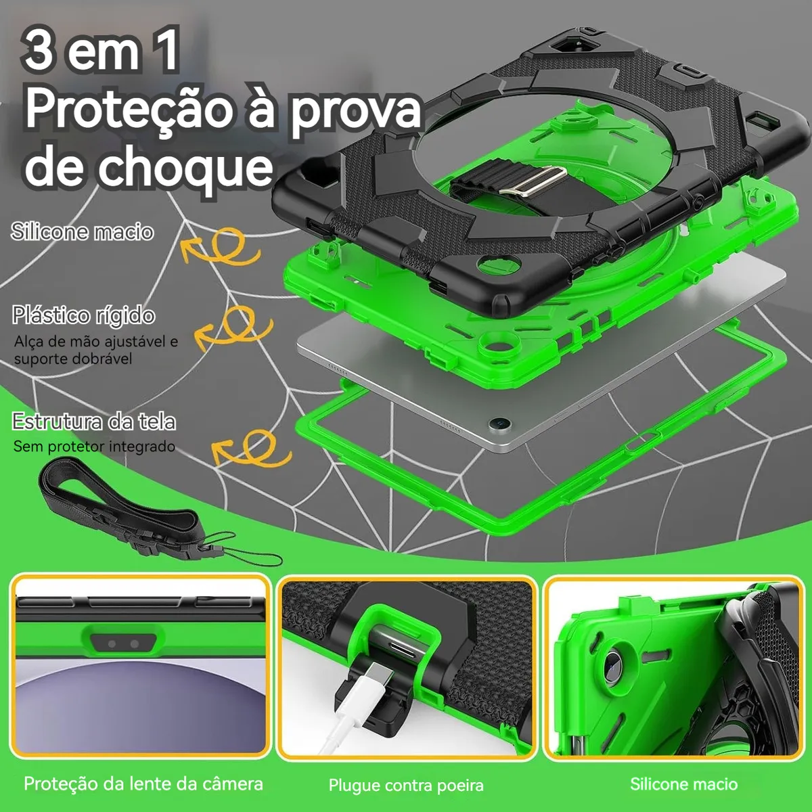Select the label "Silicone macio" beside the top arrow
pos(82,231)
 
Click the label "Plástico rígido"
pos(83,315)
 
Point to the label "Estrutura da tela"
pos(93,421)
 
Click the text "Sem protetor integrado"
pos(94,446)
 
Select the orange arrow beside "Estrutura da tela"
pos(252,449)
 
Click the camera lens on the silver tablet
pos(500,423)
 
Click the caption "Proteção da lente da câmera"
pos(143,784)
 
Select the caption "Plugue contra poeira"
pos(406,786)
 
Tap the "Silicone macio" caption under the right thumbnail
pos(684,784)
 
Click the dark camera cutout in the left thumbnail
pos(122,644)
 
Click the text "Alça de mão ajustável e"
pos(96,341)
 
